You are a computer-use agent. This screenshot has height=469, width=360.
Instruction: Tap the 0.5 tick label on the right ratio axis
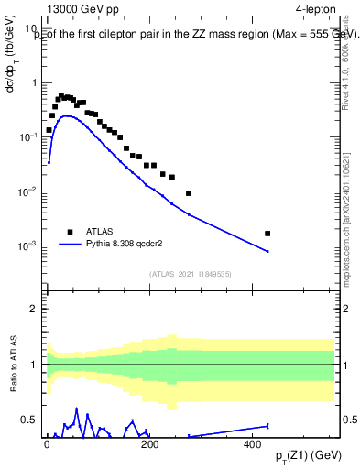pos(348,420)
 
